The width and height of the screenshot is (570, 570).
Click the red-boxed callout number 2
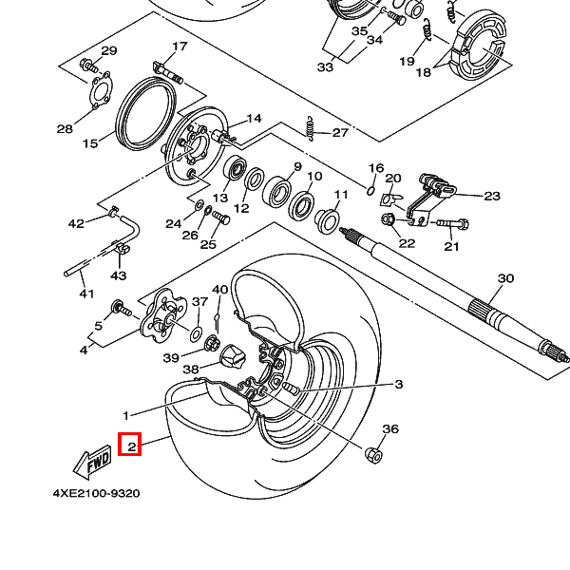point(130,445)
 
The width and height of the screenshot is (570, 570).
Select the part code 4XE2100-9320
point(96,494)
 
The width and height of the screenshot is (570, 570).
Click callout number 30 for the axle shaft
point(505,278)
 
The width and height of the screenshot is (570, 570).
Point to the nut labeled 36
point(374,455)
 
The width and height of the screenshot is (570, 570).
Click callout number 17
point(180,47)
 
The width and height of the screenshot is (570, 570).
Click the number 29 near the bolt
point(108,51)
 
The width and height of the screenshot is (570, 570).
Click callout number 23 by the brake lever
point(491,197)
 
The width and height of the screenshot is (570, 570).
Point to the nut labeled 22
point(388,220)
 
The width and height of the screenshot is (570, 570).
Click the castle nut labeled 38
point(233,358)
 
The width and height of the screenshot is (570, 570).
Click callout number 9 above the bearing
point(296,167)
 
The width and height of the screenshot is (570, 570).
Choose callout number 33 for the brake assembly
point(325,67)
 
